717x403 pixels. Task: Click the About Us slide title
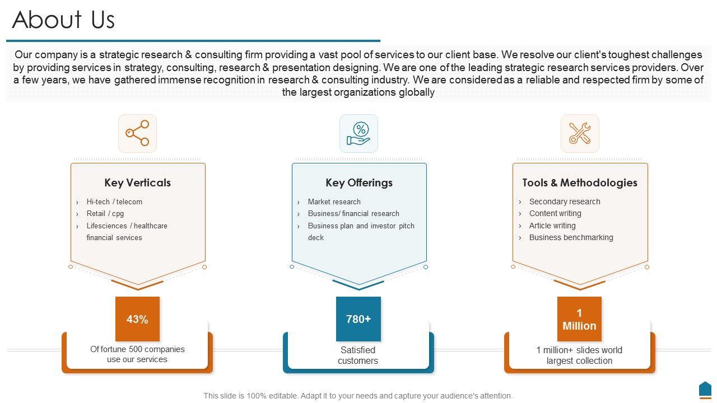click(x=63, y=20)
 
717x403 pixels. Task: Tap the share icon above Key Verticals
click(x=137, y=133)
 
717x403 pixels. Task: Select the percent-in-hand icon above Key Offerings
click(x=358, y=133)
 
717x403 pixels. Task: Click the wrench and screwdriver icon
click(x=580, y=133)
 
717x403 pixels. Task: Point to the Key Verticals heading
click(x=137, y=182)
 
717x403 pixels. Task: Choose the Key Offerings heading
click(x=359, y=182)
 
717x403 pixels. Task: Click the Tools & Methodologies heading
click(x=580, y=182)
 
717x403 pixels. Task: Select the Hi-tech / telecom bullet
click(x=114, y=201)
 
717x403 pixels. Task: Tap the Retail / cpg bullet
click(x=105, y=213)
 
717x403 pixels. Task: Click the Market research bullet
click(x=334, y=201)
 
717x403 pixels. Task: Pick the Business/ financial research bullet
click(x=353, y=213)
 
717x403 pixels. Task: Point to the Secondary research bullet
click(x=565, y=201)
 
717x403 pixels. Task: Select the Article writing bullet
click(x=552, y=226)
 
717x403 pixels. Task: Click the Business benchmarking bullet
click(x=571, y=237)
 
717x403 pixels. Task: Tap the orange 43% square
click(x=137, y=319)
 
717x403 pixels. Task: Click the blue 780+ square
click(x=358, y=319)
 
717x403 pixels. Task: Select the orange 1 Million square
click(x=579, y=319)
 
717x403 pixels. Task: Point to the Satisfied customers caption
click(x=358, y=355)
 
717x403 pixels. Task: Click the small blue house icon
click(x=705, y=389)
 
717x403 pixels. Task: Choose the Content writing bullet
click(x=555, y=213)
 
